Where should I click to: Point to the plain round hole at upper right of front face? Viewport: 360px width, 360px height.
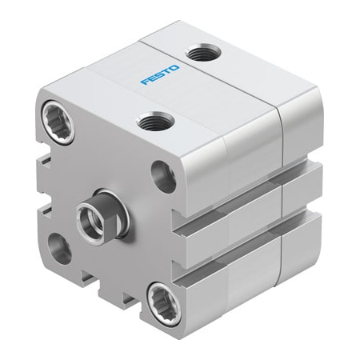pyautogui.click(x=165, y=177)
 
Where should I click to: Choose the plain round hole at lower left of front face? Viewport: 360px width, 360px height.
pyautogui.click(x=60, y=248)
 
